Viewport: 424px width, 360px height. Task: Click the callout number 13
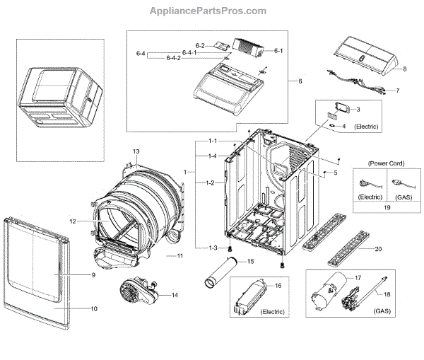(136, 152)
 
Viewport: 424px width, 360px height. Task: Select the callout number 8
(405, 69)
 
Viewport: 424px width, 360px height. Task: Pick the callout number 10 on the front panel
(94, 308)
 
